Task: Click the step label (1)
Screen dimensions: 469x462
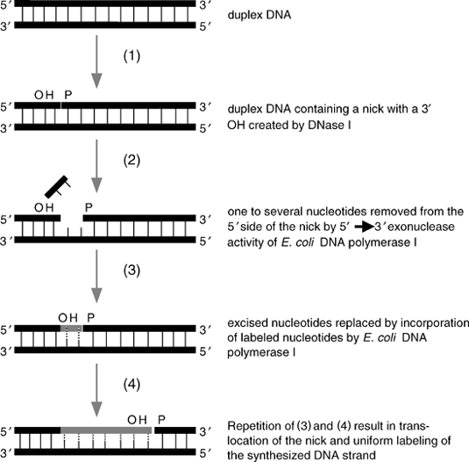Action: pyautogui.click(x=131, y=56)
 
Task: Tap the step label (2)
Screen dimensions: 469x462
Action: pyautogui.click(x=131, y=160)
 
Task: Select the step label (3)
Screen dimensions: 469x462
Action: pyautogui.click(x=131, y=271)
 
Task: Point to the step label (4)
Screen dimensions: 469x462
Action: pyautogui.click(x=131, y=385)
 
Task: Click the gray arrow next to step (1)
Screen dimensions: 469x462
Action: pyautogui.click(x=96, y=61)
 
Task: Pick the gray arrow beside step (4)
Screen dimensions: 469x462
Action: pyautogui.click(x=96, y=390)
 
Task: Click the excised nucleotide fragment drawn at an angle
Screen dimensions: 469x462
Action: pyautogui.click(x=58, y=187)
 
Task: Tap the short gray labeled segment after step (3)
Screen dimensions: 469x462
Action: pyautogui.click(x=72, y=328)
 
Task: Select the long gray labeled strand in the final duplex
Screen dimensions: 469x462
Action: pyautogui.click(x=106, y=430)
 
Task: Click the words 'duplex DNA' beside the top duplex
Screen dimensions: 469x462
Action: pyautogui.click(x=259, y=15)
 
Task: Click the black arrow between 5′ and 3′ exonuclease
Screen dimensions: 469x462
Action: pyautogui.click(x=364, y=227)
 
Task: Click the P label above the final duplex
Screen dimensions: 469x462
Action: pyautogui.click(x=161, y=420)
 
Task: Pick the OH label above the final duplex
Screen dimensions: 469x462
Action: pyautogui.click(x=137, y=420)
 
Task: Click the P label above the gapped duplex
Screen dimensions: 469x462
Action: pyautogui.click(x=89, y=207)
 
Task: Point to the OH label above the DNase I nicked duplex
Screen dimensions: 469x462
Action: pyautogui.click(x=44, y=95)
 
